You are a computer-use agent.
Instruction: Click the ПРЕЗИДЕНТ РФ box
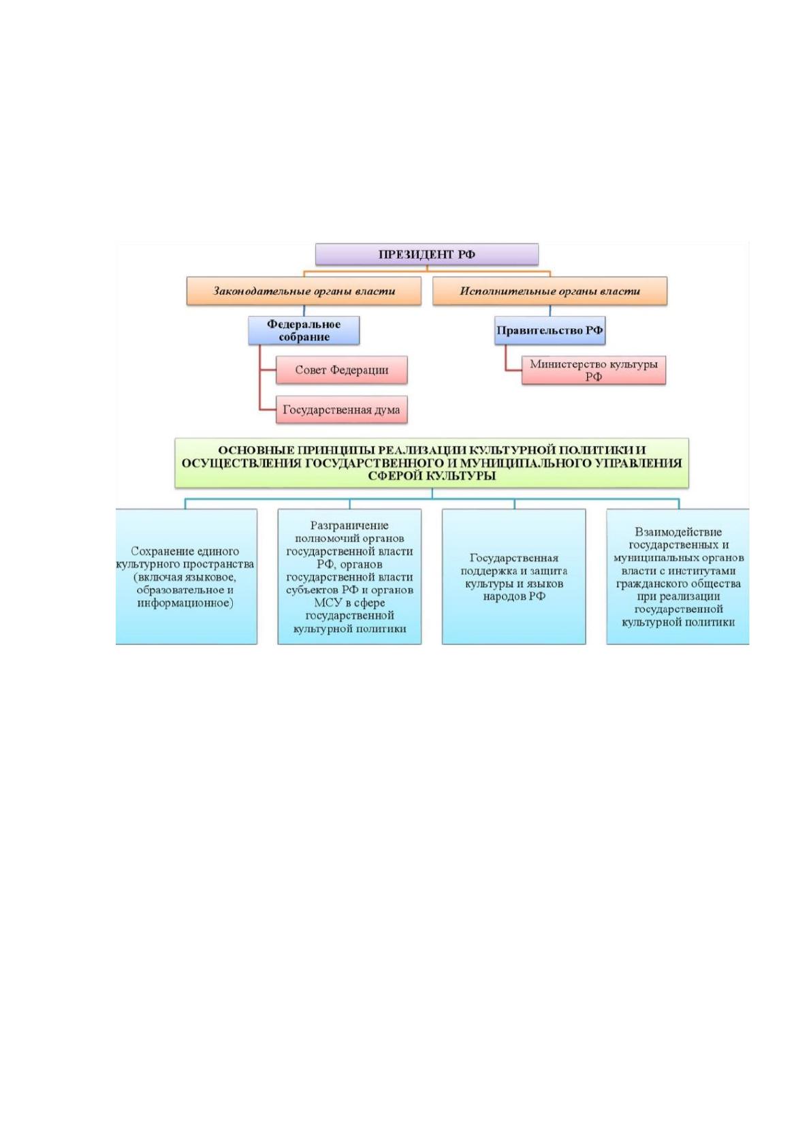[x=426, y=254]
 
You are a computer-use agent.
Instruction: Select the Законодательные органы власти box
[x=304, y=291]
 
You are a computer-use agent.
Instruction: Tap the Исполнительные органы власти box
[x=550, y=291]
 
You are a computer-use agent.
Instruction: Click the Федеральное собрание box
[x=304, y=330]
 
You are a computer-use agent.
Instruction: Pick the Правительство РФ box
[x=550, y=330]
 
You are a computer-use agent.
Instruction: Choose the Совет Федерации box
[x=342, y=370]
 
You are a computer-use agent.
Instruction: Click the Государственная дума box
[x=342, y=409]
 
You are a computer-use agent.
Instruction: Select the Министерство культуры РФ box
[x=593, y=370]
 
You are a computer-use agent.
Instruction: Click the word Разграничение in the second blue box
[x=349, y=525]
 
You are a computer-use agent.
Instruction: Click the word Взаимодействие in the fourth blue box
[x=678, y=532]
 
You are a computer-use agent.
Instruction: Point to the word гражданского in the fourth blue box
[x=649, y=584]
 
